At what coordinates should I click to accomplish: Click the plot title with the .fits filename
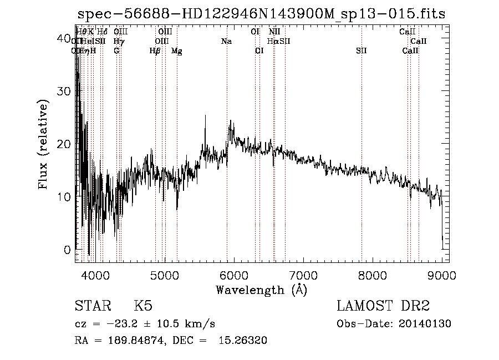click(261, 14)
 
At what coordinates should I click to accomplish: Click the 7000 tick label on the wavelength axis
click(303, 275)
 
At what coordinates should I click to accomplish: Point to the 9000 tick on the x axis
click(442, 275)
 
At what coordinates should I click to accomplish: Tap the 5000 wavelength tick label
click(164, 275)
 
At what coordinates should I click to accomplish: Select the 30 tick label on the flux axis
click(64, 91)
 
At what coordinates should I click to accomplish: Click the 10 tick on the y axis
click(64, 197)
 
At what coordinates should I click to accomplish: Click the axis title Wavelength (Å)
click(261, 290)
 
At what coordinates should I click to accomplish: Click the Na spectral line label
click(226, 41)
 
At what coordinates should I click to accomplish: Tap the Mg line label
click(176, 51)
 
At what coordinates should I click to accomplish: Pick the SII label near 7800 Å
click(361, 51)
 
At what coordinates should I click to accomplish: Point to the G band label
click(116, 51)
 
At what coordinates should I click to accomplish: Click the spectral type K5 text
click(143, 306)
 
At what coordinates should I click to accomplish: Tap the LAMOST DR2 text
click(383, 306)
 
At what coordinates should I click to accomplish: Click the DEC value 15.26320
click(245, 341)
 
